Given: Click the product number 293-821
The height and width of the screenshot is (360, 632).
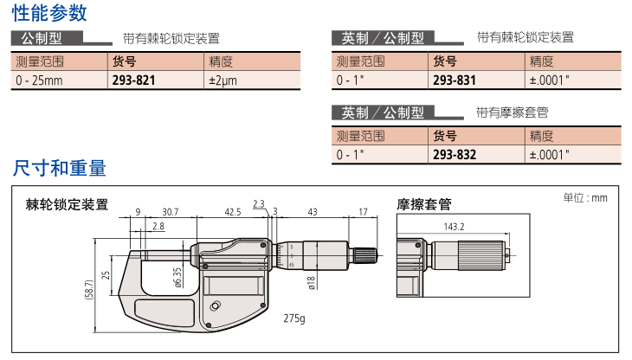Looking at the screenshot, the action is [x=133, y=80].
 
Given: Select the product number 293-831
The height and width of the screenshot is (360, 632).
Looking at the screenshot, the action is [x=455, y=80].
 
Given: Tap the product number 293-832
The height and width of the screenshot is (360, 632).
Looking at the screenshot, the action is [x=455, y=155].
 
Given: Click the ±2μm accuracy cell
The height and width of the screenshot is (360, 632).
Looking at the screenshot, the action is [x=222, y=80].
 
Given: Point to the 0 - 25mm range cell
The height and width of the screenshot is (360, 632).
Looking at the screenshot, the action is [x=39, y=80].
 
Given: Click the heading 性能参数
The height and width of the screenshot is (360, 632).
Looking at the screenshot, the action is [x=49, y=12].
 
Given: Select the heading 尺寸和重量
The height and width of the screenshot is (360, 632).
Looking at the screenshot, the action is [x=59, y=168].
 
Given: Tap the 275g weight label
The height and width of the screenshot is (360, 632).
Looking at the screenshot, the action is [x=294, y=318].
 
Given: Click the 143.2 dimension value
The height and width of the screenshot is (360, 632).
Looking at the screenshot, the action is [x=454, y=227].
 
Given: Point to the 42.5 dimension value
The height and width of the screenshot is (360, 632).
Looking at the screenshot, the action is [x=233, y=212].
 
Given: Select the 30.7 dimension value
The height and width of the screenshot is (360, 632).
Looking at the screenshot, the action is [x=170, y=212].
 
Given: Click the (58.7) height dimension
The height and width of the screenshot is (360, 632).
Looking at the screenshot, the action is [x=88, y=290].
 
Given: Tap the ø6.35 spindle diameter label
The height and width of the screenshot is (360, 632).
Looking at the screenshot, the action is [x=177, y=278].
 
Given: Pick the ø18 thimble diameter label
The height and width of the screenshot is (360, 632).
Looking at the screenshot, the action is [x=311, y=283].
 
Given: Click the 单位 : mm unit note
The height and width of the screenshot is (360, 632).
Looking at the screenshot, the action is [x=585, y=197].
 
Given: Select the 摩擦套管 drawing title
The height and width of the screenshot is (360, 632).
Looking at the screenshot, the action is [x=424, y=204].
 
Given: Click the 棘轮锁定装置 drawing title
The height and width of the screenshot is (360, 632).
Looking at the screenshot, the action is [x=67, y=204].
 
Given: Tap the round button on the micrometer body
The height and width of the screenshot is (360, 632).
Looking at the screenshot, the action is [x=216, y=306].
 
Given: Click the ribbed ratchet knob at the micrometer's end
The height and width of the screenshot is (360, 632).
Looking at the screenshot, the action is [x=365, y=255].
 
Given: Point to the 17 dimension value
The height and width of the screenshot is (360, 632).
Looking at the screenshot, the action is [x=363, y=212].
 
